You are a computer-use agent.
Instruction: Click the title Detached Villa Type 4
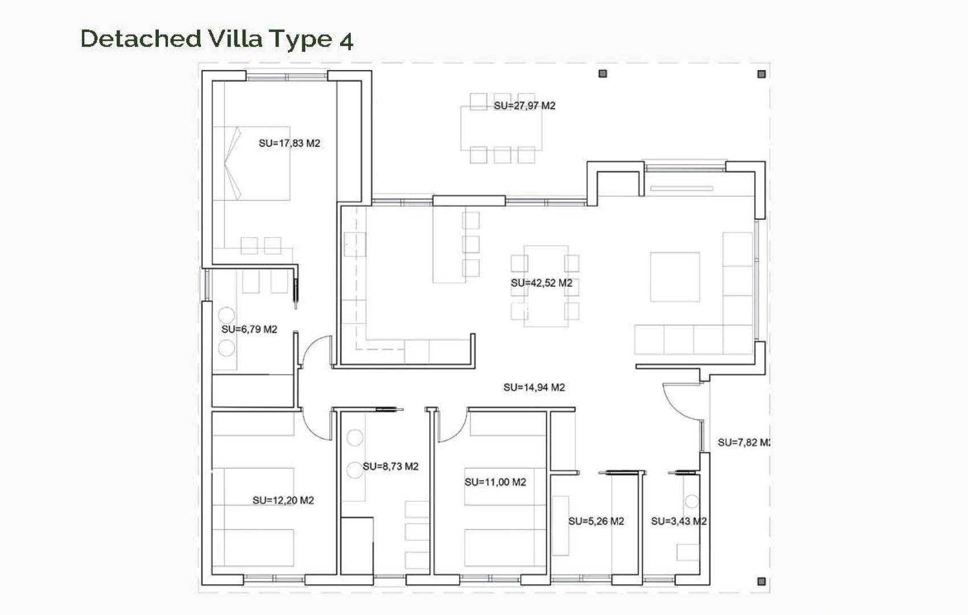(217, 39)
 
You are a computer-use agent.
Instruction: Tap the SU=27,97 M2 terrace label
(524, 106)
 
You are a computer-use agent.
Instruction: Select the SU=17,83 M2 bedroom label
(289, 143)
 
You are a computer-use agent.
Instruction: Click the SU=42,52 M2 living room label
(542, 283)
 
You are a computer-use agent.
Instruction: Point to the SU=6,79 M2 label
(249, 329)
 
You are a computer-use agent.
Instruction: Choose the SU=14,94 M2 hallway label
(534, 388)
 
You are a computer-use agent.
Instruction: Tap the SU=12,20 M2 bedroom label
(283, 501)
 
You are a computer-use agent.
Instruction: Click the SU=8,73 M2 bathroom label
(391, 466)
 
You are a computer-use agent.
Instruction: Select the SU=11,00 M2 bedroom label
(495, 482)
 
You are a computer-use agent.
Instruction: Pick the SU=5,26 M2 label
(596, 521)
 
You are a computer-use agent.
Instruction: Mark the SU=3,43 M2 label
(679, 521)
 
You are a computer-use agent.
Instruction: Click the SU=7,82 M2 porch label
(744, 442)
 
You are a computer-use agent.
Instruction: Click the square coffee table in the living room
(675, 277)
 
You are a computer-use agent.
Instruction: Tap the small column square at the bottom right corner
(761, 581)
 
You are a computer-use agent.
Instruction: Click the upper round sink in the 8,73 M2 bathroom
(355, 437)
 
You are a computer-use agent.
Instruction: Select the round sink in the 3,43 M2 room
(691, 502)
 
